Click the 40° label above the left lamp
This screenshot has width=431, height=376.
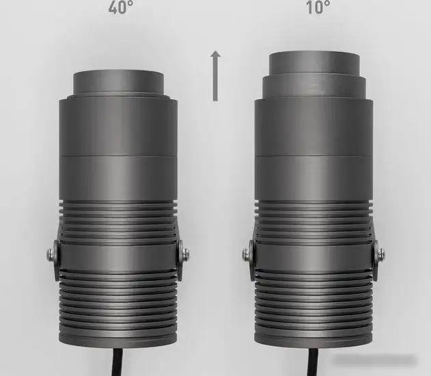(x=120, y=8)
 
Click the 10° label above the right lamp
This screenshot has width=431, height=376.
(x=318, y=8)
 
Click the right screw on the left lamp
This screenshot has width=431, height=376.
(x=184, y=254)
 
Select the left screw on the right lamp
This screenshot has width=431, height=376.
(x=247, y=254)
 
